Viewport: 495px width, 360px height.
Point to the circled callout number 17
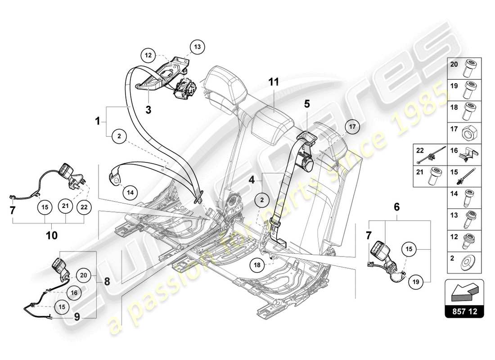[353, 127]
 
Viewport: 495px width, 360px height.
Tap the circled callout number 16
[74, 292]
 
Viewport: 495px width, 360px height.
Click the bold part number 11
[274, 82]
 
